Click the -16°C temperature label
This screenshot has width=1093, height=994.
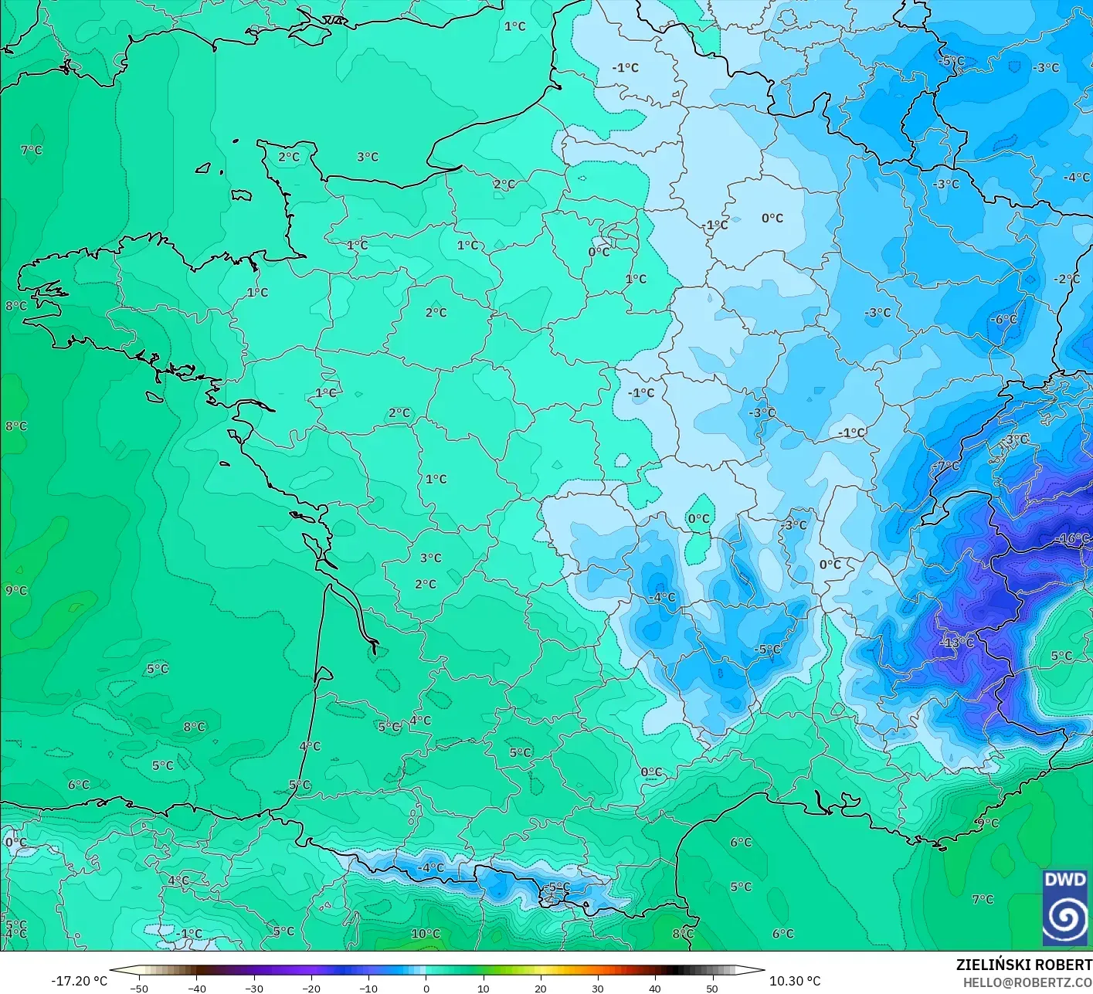click(x=1074, y=538)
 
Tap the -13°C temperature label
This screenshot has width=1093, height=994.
click(x=957, y=643)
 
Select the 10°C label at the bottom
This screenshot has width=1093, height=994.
click(x=425, y=934)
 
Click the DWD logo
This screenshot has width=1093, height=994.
click(x=1065, y=907)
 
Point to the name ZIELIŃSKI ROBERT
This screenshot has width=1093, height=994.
click(x=1023, y=965)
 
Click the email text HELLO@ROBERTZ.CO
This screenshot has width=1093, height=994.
click(x=1027, y=982)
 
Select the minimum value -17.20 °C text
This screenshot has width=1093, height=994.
click(x=79, y=981)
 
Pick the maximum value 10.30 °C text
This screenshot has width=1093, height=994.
click(x=795, y=981)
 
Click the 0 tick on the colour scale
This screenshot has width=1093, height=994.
click(x=426, y=988)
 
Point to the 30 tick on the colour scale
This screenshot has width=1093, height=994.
click(x=597, y=988)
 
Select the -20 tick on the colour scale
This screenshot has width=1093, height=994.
click(x=311, y=988)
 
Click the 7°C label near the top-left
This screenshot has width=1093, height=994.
click(x=32, y=150)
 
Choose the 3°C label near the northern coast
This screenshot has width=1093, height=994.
click(x=368, y=157)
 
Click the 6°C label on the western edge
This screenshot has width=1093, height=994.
click(x=79, y=785)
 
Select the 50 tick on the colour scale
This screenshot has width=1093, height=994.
click(x=711, y=988)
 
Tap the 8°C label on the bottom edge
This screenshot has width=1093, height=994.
click(x=682, y=934)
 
